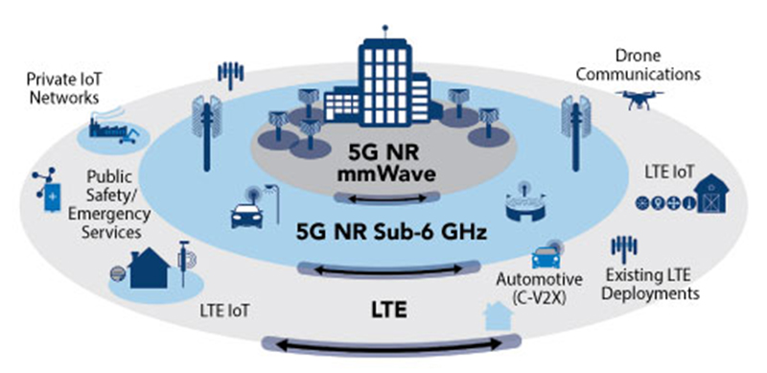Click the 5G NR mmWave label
pos(387,163)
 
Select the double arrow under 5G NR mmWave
pos(388,198)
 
